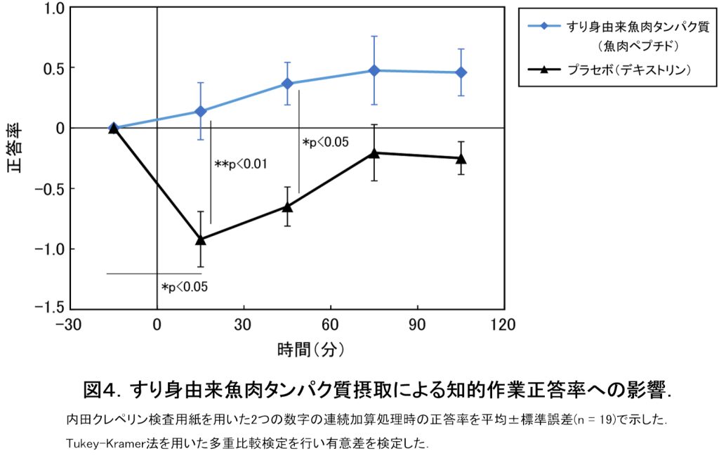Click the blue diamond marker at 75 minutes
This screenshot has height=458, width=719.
374,70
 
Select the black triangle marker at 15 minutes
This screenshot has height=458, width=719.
200,240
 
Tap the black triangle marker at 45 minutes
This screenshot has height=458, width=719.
287,206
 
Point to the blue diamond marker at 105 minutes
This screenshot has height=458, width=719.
461,72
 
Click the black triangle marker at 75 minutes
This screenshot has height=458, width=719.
374,152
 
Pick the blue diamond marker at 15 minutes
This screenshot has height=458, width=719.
200,111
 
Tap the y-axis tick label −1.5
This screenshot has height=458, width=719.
50,308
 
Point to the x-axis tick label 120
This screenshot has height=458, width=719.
503,325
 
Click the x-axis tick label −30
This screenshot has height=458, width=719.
70,325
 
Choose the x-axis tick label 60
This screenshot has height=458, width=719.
330,325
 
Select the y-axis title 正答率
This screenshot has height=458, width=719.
15,149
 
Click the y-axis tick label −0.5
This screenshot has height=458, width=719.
50,188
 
